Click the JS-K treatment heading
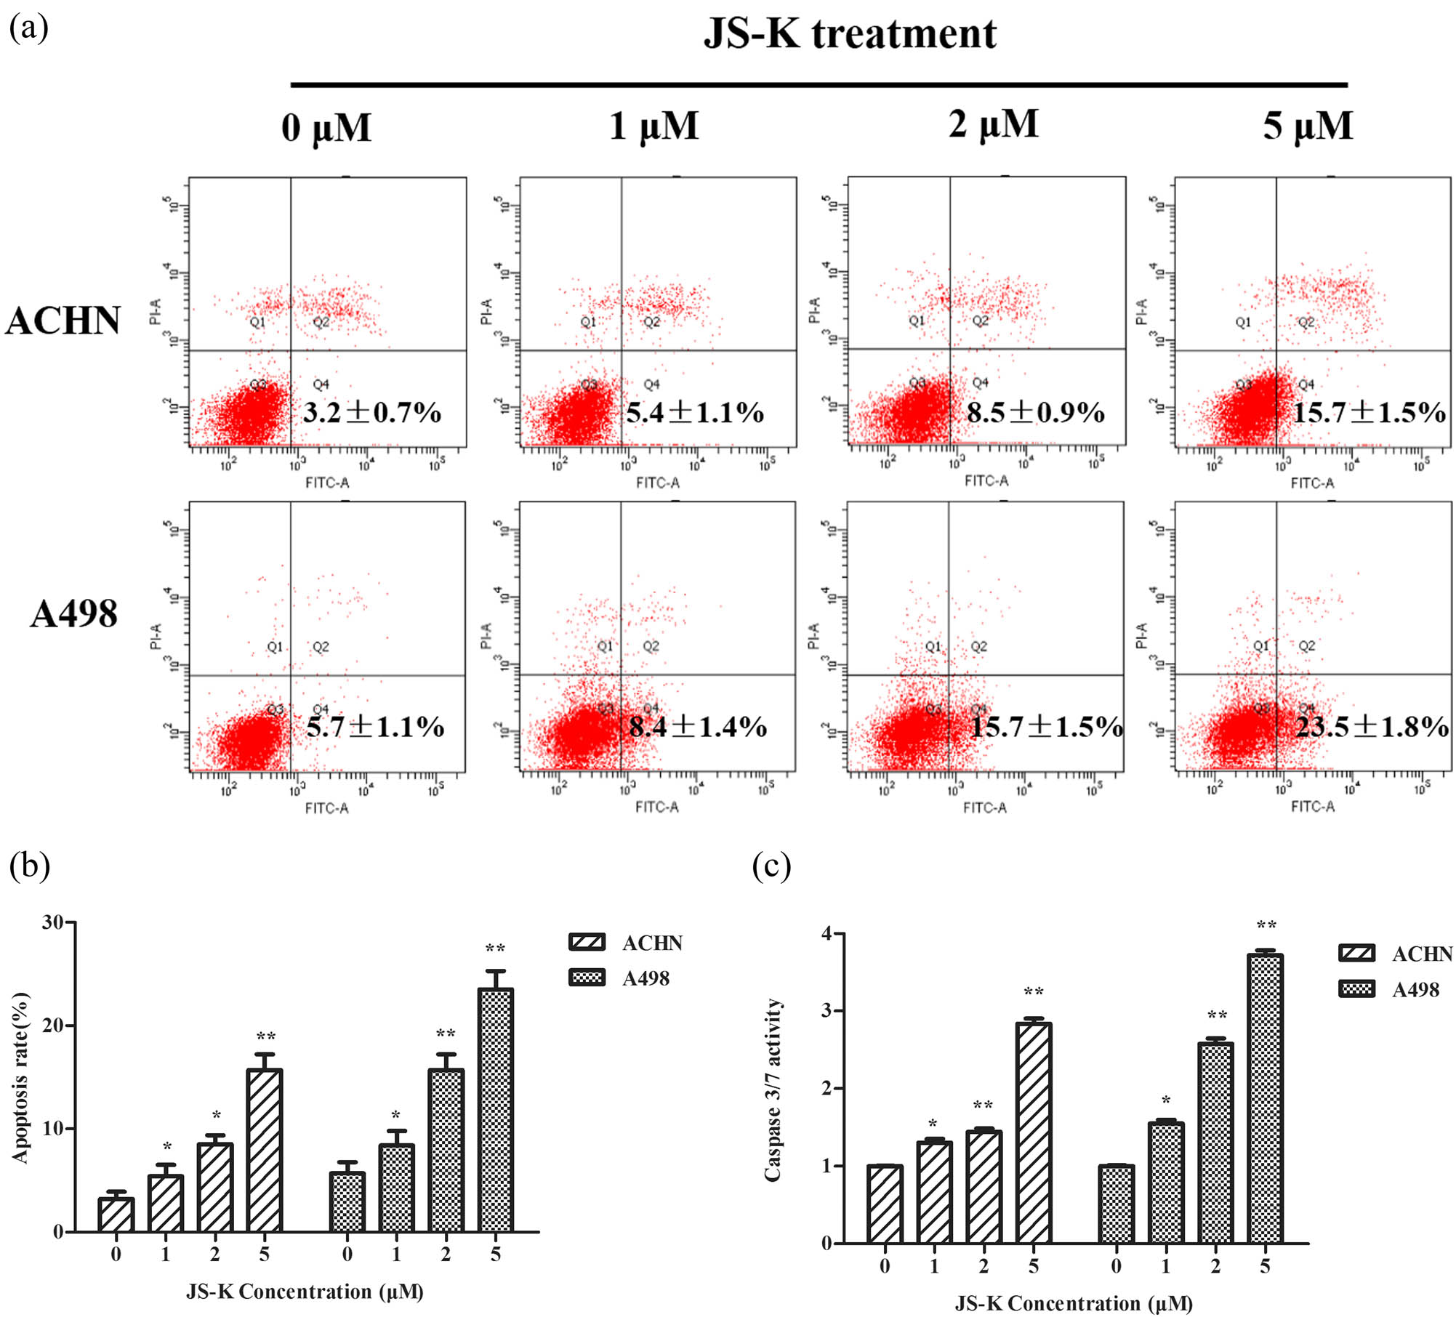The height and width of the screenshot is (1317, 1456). point(849,34)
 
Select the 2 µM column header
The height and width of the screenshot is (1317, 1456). point(993,125)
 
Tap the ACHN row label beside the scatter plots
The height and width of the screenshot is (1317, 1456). point(63,321)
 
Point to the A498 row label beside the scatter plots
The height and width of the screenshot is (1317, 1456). point(73,614)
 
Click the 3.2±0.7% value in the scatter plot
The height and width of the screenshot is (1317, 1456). point(371,413)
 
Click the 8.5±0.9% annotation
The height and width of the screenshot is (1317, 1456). point(1035,413)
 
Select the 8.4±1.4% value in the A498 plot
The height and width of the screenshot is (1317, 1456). point(698,727)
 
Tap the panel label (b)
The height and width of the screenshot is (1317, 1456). point(29,866)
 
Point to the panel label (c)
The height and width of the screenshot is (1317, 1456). point(771,866)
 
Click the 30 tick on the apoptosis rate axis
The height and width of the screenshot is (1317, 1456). point(53,922)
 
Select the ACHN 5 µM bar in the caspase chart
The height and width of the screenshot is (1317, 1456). point(1034,1133)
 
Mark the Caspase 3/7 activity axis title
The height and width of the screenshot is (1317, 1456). point(773,1090)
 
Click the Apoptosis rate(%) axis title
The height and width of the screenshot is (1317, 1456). point(20,1078)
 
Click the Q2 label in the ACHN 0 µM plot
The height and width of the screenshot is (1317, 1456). point(321,322)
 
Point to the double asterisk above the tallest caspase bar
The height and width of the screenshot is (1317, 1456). point(1266,925)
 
